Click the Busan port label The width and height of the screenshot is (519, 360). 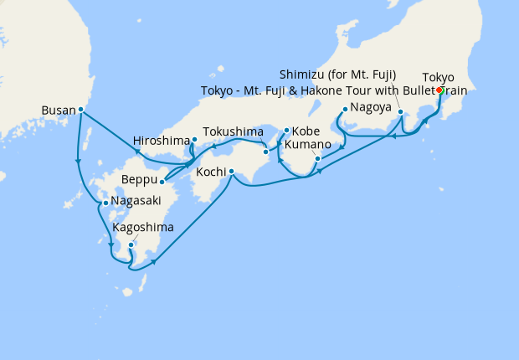59,109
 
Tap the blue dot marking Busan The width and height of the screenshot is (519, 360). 81,109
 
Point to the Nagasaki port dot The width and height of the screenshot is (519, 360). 105,203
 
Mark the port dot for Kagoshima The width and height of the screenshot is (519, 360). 131,244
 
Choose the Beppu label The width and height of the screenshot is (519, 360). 139,181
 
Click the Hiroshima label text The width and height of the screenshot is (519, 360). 162,140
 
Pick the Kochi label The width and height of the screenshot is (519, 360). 209,172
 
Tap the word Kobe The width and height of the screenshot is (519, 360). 306,131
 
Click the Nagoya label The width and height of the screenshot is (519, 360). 371,108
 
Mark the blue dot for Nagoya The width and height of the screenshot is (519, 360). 345,109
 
